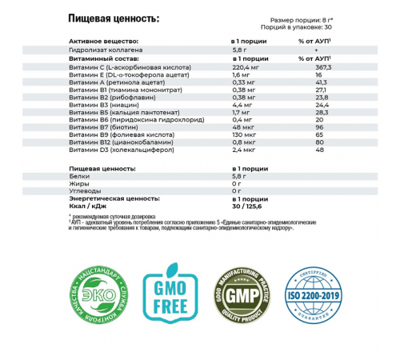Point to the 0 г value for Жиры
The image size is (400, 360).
pos(235,183)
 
